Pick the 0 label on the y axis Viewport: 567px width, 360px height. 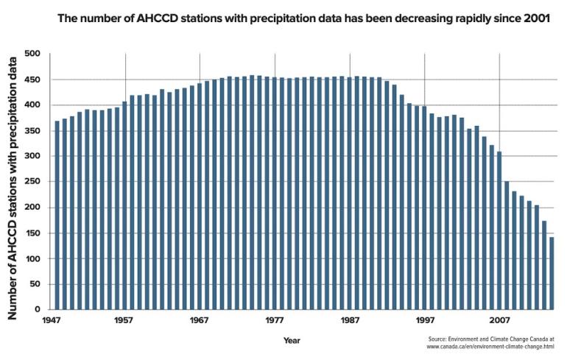point(37,310)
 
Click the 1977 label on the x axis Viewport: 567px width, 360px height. point(275,321)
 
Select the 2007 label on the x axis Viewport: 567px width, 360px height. point(499,321)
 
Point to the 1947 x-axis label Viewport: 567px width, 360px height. point(50,321)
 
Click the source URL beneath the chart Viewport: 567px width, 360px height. point(490,346)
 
